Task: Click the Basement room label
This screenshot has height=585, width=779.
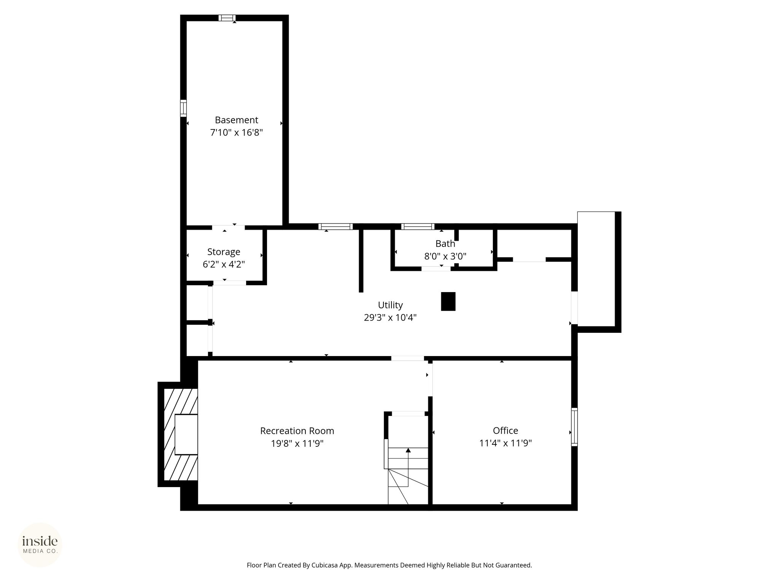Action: point(236,120)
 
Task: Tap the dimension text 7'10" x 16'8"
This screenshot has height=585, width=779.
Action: point(236,133)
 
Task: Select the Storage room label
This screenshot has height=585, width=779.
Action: point(224,252)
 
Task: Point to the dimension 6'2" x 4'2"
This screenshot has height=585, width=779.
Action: point(224,264)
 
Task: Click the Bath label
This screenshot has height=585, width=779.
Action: point(445,243)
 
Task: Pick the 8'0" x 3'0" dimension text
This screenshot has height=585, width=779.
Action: point(445,256)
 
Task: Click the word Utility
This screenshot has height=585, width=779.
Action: point(390,305)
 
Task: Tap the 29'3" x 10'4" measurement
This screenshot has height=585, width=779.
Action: point(390,318)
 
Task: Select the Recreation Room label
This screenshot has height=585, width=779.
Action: point(297,431)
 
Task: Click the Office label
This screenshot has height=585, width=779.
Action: point(506,430)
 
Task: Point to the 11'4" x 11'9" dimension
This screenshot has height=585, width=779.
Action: point(506,443)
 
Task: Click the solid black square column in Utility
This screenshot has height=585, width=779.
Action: point(448,301)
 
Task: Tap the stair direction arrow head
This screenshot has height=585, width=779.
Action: point(408,450)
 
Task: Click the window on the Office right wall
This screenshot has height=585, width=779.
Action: point(574,427)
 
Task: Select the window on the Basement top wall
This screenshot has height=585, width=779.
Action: point(227,18)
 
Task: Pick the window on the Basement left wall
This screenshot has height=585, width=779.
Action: point(183,108)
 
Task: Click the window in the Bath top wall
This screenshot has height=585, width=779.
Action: point(418,227)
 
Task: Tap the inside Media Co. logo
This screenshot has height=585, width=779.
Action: point(40,545)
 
